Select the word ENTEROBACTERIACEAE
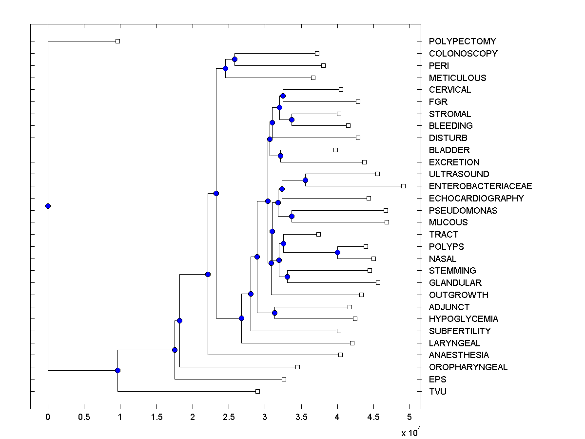tap(480, 186)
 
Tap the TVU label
tap(437, 392)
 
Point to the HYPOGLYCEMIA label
tap(463, 319)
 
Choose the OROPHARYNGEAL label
tap(468, 367)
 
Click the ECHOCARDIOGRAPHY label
tap(476, 199)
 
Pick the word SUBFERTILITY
tap(460, 331)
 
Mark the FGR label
tap(438, 102)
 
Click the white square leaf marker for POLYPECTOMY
tap(117, 41)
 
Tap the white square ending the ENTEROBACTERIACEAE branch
tap(403, 186)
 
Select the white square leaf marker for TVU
tap(257, 391)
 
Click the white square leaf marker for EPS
tap(284, 379)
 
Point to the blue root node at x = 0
tap(48, 206)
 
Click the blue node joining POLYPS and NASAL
tap(337, 252)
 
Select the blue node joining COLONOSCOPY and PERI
tap(234, 59)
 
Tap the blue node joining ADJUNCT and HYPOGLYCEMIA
tap(274, 313)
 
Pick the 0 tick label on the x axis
tap(48, 418)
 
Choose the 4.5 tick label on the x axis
tap(373, 418)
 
